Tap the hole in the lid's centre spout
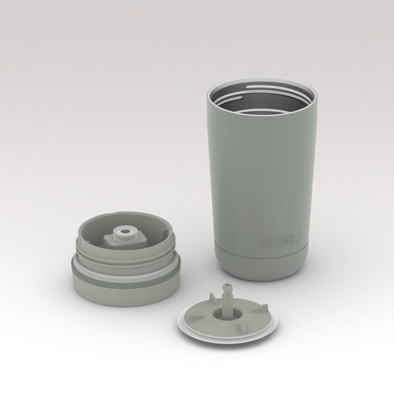tap(121, 230)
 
